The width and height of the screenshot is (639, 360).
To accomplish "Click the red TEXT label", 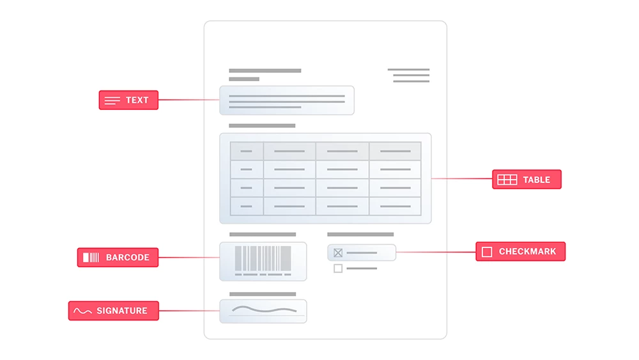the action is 128,100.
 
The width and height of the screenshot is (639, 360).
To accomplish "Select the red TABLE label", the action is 527,180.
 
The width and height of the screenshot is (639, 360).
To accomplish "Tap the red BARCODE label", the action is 118,257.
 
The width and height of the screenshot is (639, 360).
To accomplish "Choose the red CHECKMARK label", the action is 520,251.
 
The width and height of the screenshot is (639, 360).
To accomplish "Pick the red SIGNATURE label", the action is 113,311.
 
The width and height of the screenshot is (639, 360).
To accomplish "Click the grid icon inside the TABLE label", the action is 507,180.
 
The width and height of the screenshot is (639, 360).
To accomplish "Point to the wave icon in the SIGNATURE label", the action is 82,311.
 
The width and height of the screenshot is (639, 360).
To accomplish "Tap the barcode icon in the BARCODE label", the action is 91,257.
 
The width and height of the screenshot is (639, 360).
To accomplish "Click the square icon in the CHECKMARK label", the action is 486,252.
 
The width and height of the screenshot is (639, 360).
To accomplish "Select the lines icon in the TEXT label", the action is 112,100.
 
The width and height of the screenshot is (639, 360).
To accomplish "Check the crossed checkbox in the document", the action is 338,253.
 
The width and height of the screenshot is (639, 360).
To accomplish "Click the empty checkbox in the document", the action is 338,269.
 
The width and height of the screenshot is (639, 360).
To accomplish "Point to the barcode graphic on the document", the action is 263,260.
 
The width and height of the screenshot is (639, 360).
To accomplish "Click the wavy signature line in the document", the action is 264,310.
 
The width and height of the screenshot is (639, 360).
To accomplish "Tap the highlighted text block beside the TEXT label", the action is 287,100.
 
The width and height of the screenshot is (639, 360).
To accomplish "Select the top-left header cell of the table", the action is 247,152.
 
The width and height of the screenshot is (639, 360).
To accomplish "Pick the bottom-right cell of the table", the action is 396,207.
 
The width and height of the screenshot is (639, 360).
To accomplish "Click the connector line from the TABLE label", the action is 462,178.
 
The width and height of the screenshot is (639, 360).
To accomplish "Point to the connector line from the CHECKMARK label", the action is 436,252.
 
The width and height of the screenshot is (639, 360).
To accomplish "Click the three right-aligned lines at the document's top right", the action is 409,75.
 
